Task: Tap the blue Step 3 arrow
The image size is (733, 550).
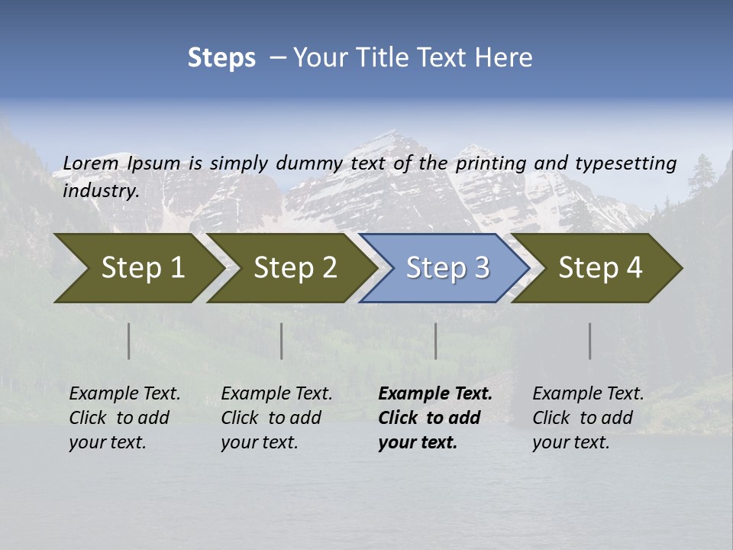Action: coord(447,268)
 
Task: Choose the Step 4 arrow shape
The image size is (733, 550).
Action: coord(600,268)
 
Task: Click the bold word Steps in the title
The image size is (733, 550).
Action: coord(221,58)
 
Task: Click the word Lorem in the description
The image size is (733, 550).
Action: coord(91,163)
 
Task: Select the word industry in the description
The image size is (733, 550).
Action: coord(101,191)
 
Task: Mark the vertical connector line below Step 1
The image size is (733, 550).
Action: coord(129,341)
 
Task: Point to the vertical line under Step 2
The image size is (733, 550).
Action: coord(282,341)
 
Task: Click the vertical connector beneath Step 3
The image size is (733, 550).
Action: coord(435,341)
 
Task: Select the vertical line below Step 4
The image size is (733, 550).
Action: coord(590,341)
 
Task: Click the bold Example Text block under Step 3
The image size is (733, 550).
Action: coord(434,418)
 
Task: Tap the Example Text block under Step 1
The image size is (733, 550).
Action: coord(124,418)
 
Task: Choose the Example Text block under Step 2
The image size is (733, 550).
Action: coord(276,418)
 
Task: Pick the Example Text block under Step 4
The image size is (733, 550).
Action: coord(588,418)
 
